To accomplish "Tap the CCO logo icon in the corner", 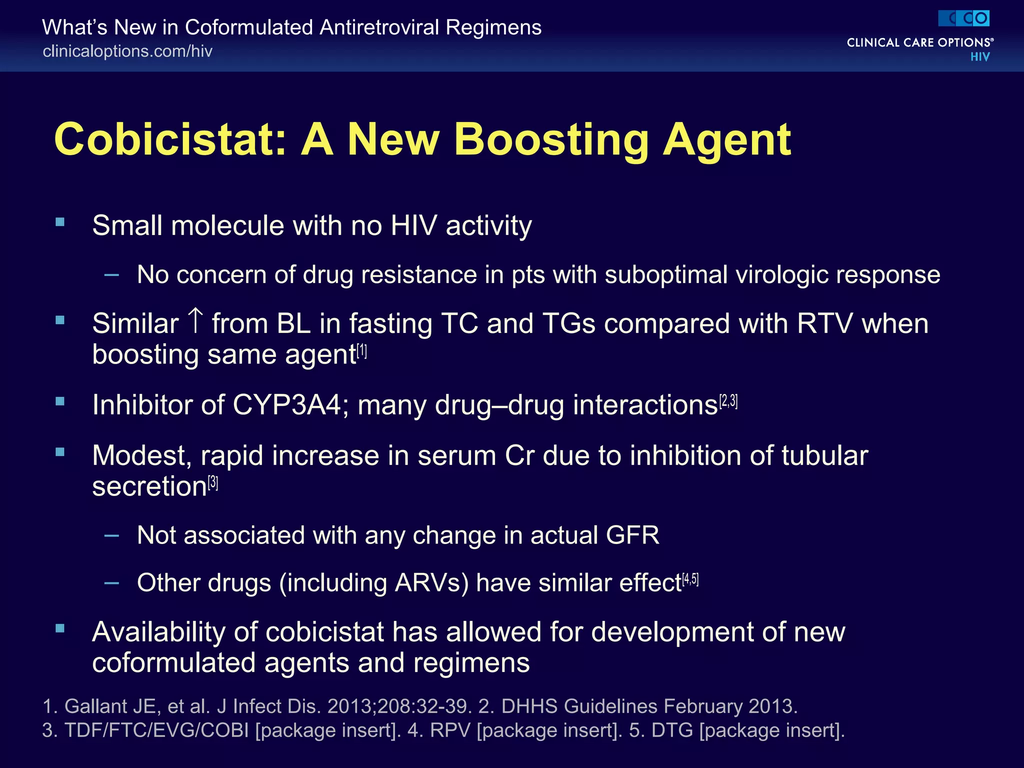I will coord(964,18).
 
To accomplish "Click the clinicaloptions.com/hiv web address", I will coord(127,51).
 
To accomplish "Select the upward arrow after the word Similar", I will coord(195,321).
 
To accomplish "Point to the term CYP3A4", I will coord(287,405).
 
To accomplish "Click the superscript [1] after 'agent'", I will coord(362,352).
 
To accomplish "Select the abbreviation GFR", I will coord(632,535).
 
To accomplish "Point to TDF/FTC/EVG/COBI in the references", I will coord(157,730).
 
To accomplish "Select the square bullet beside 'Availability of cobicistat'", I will coord(60,628).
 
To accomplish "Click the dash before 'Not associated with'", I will coord(112,536).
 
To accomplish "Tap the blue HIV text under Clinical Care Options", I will coord(979,57).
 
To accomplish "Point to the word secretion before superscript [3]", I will coord(149,486).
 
